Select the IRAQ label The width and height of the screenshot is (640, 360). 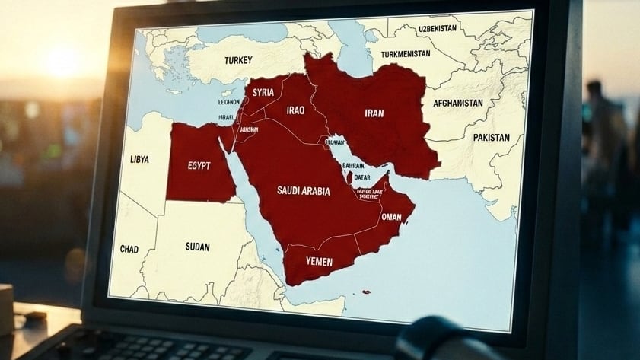[296, 110]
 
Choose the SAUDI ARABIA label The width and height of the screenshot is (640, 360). [303, 191]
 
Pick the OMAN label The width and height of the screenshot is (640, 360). [390, 217]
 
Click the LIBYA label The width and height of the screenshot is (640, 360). [139, 160]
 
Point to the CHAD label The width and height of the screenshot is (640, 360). [129, 249]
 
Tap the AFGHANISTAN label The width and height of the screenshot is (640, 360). [457, 103]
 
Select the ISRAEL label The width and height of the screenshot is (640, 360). [226, 118]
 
